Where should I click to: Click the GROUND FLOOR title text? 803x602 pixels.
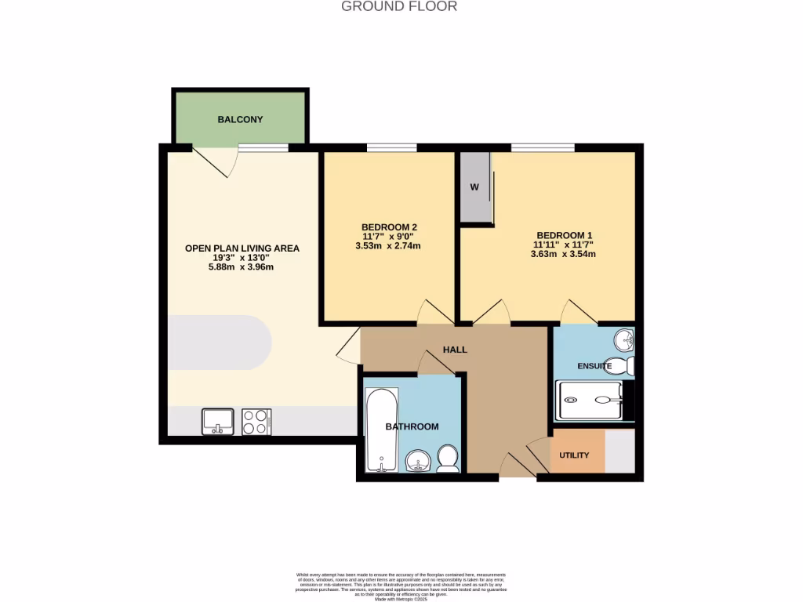pos(399,6)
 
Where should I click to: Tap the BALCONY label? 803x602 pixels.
pos(240,120)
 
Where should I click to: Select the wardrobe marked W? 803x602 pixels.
pos(475,187)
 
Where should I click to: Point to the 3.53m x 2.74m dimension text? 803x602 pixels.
pos(387,245)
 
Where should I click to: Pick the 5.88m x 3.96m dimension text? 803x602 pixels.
pos(241,267)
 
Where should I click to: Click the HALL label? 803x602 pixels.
pos(455,350)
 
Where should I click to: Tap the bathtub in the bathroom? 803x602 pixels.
pos(383,430)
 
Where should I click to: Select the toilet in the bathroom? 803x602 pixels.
pos(449,459)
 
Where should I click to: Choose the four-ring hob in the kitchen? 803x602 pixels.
pos(256,422)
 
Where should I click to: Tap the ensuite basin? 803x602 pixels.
pos(624,341)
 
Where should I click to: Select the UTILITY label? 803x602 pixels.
pos(574,455)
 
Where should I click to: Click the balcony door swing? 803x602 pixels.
pos(216,161)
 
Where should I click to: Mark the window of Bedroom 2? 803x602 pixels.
pos(391,147)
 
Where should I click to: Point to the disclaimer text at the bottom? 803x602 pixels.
pos(401,586)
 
